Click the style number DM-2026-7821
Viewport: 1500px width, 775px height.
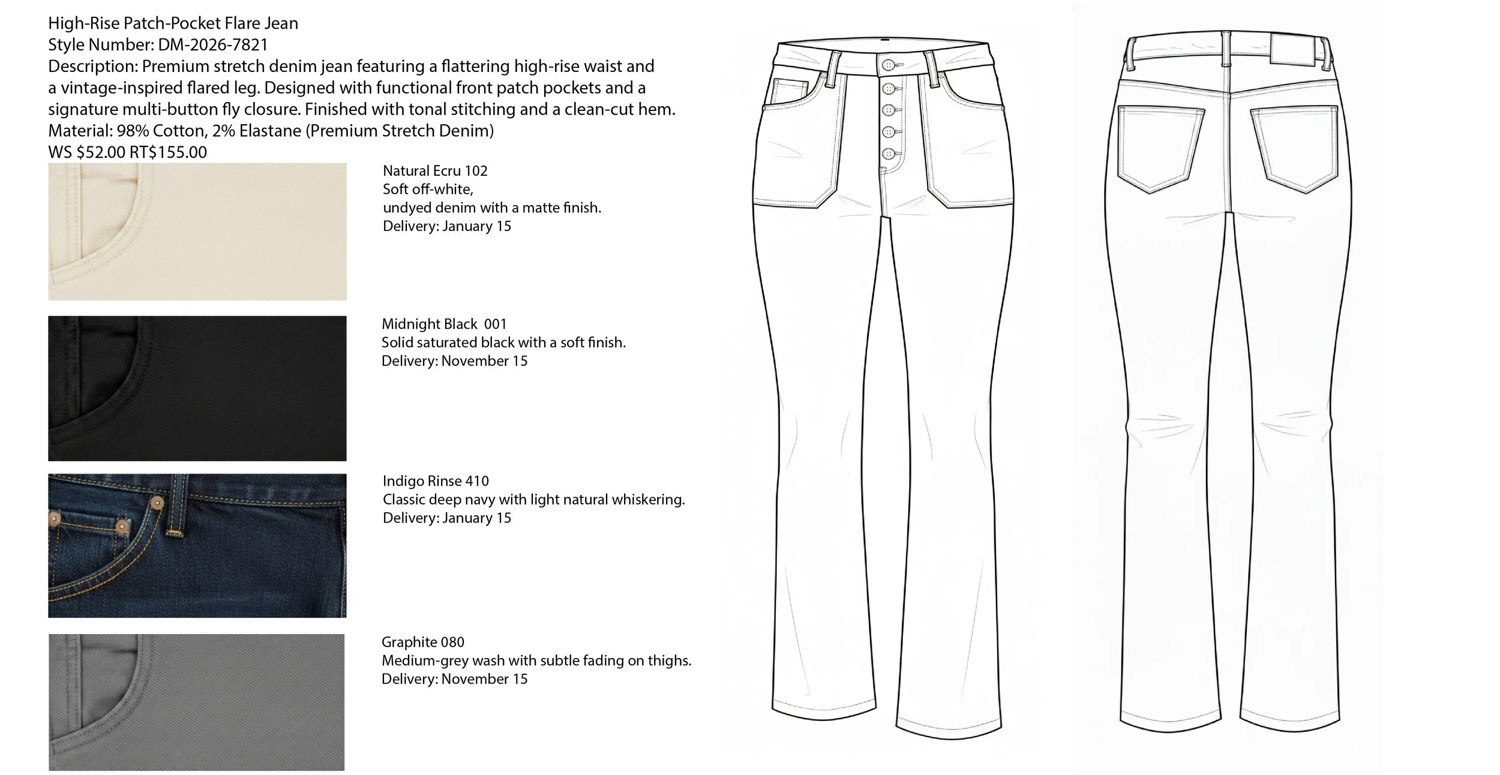tap(213, 45)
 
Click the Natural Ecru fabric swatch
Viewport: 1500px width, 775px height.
tap(197, 232)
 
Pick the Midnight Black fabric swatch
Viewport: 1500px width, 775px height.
tap(197, 388)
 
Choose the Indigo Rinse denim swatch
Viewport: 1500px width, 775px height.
tap(197, 545)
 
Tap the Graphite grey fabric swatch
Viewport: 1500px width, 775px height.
tap(197, 702)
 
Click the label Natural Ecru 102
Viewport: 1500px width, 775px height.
tap(435, 171)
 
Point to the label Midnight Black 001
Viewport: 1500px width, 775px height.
tap(444, 325)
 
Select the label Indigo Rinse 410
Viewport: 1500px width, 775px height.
tap(436, 481)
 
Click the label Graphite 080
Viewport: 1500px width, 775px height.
tap(423, 642)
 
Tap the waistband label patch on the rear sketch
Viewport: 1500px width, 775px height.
tap(1290, 49)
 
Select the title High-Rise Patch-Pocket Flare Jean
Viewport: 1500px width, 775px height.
tap(173, 23)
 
